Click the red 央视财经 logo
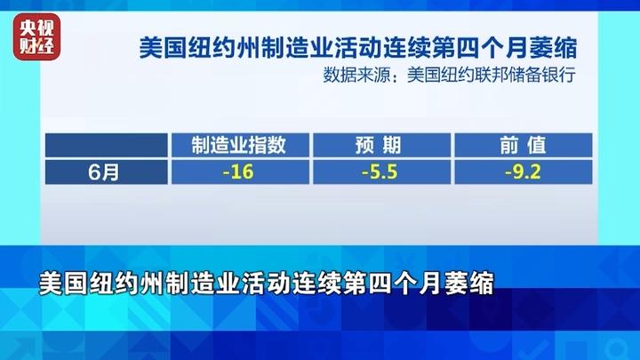(36, 36)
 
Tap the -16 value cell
(240, 172)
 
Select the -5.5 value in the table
(380, 172)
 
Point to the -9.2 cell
(524, 172)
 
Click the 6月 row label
(104, 172)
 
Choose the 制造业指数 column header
(240, 145)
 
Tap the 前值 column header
(524, 145)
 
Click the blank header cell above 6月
(106, 145)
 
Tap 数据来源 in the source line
(356, 75)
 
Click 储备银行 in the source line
(542, 75)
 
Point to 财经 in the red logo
(36, 45)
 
